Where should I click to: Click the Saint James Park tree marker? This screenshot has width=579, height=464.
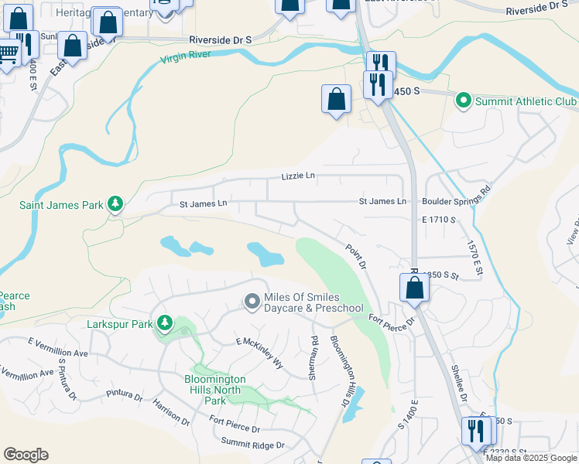115,203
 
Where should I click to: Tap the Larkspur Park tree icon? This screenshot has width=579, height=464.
164,322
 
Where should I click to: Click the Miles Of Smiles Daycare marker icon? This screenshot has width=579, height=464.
251,301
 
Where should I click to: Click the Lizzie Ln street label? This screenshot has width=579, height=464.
298,176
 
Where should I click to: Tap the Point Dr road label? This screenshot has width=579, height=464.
355,256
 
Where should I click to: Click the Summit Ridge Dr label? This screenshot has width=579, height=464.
253,445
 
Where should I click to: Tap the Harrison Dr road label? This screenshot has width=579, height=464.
171,411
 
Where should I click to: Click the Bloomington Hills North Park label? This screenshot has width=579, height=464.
215,390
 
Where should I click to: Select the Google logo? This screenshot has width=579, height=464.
26,455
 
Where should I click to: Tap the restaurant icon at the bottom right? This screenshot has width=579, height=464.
476,430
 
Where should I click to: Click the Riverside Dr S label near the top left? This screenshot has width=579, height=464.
221,39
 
